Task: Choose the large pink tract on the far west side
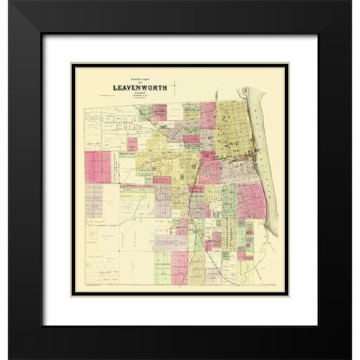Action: (x=97, y=167)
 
